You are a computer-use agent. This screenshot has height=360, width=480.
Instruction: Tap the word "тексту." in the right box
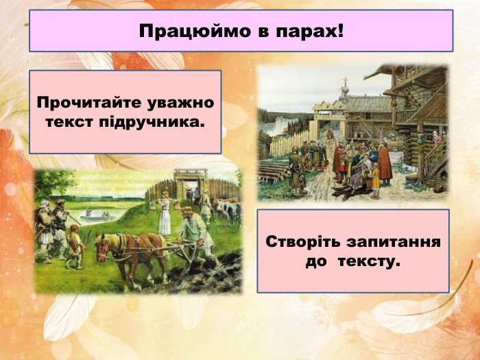(x=369, y=263)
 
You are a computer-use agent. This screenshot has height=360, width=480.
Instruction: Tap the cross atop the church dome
(x=345, y=82)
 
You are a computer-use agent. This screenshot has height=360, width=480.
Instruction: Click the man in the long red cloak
(x=385, y=165)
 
